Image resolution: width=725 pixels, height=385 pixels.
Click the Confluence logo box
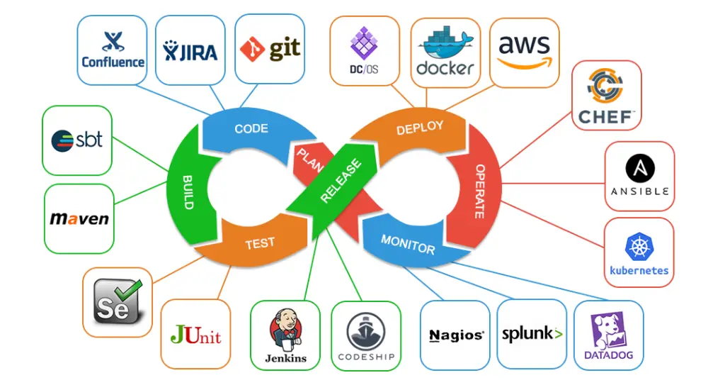[x=113, y=50]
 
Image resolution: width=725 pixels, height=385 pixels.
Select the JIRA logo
[x=190, y=50]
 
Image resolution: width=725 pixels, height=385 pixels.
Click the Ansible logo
[x=639, y=177]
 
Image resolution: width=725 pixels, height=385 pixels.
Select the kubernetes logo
[x=639, y=253]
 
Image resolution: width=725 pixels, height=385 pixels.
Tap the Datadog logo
[x=608, y=336]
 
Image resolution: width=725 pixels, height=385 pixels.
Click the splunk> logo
[x=532, y=334]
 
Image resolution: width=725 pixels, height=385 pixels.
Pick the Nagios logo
[x=456, y=335]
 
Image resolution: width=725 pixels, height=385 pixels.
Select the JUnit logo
[x=195, y=334]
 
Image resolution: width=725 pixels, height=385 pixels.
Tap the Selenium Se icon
[x=118, y=302]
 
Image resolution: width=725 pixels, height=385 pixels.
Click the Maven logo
[x=79, y=218]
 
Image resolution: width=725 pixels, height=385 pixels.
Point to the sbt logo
[x=77, y=140]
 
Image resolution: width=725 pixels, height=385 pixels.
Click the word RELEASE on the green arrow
[x=341, y=182]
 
